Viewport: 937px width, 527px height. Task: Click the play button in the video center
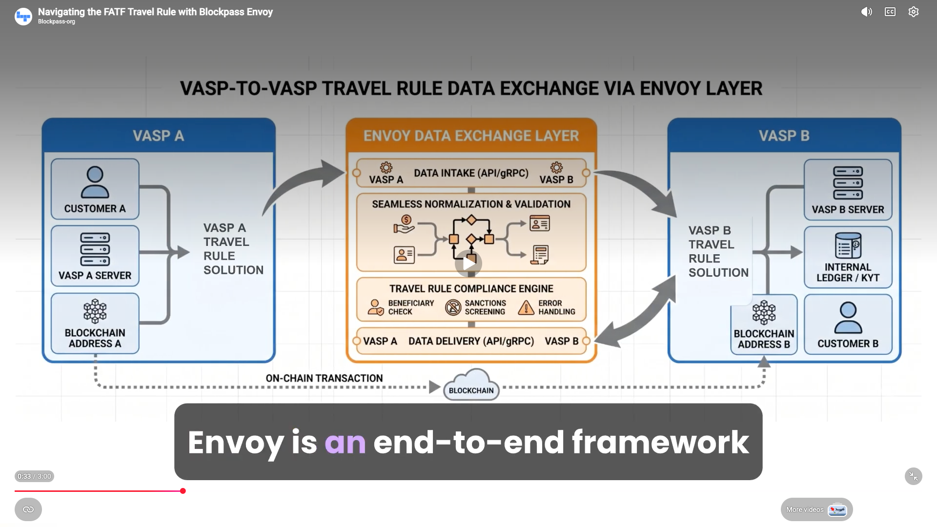468,263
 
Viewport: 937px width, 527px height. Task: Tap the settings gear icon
913,12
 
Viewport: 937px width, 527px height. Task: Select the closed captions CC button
890,12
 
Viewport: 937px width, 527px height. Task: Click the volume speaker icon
866,12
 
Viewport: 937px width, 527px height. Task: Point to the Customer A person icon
95,182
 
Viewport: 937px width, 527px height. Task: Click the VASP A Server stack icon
95,249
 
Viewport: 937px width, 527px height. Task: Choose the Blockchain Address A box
95,323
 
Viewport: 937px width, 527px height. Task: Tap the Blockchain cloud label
471,390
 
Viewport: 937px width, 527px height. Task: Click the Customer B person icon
848,317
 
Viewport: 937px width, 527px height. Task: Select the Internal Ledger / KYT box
848,257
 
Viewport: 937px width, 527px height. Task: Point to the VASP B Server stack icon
848,183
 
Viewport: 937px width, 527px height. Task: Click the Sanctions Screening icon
453,307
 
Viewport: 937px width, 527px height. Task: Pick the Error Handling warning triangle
526,307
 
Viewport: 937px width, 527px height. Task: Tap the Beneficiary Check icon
375,307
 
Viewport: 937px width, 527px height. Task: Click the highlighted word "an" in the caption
345,443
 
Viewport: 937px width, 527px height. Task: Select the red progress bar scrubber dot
183,491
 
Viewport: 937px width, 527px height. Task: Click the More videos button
816,509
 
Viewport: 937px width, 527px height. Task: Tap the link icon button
28,509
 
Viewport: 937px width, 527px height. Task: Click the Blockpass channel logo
23,17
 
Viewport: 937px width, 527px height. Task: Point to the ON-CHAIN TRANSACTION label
324,378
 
